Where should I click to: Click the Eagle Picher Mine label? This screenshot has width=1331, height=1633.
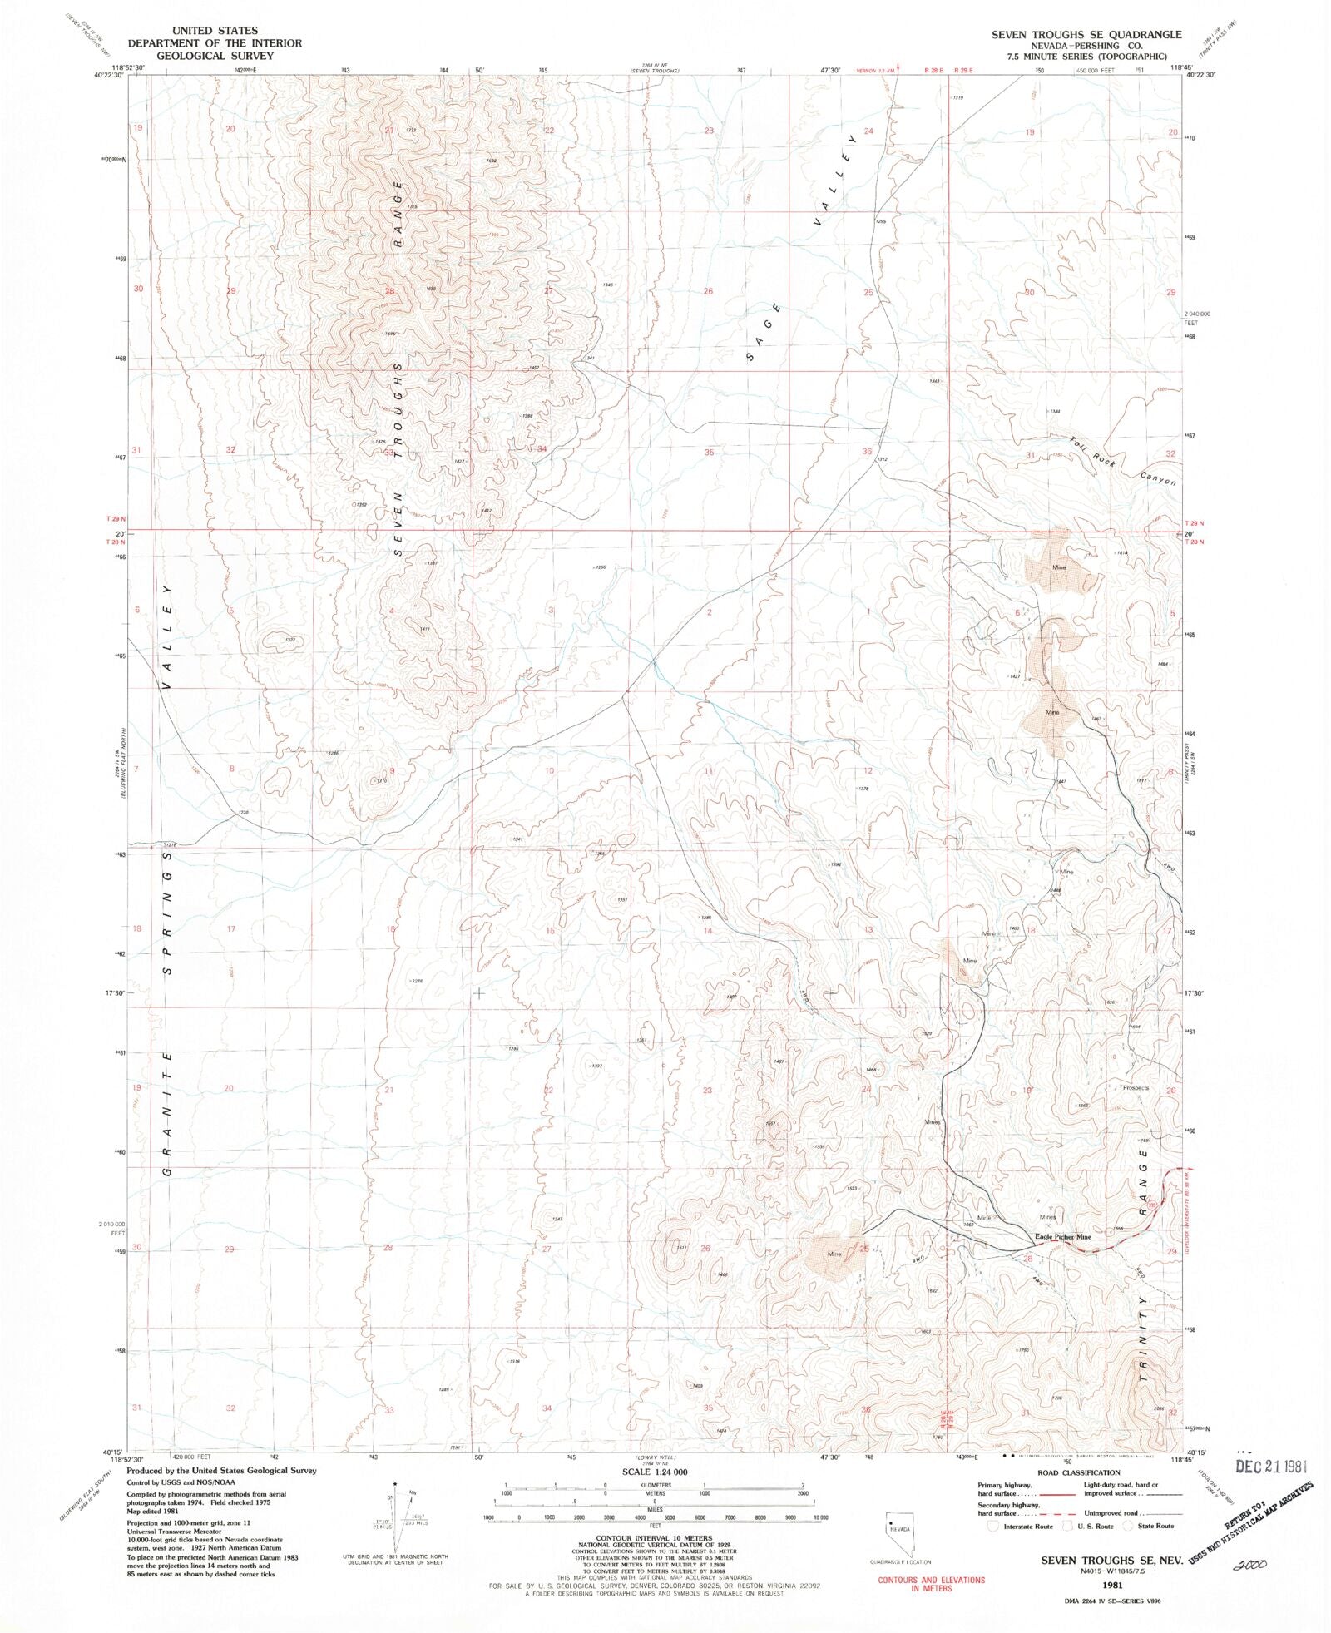[1062, 1237]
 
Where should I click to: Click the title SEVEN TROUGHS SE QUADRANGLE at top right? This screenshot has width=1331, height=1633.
[1086, 34]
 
